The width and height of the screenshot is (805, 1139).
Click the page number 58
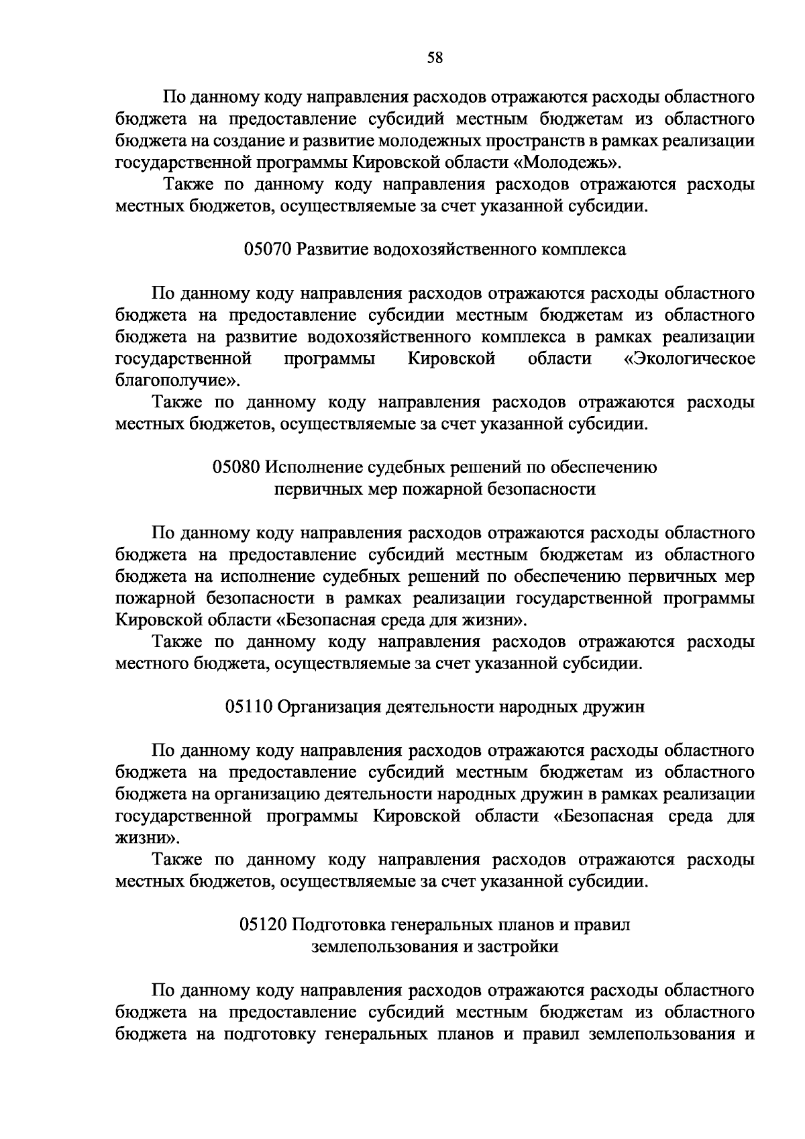point(435,58)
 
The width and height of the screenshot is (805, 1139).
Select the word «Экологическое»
point(690,359)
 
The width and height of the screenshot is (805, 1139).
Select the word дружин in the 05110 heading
point(618,707)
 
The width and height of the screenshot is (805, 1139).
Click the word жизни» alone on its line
point(148,838)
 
